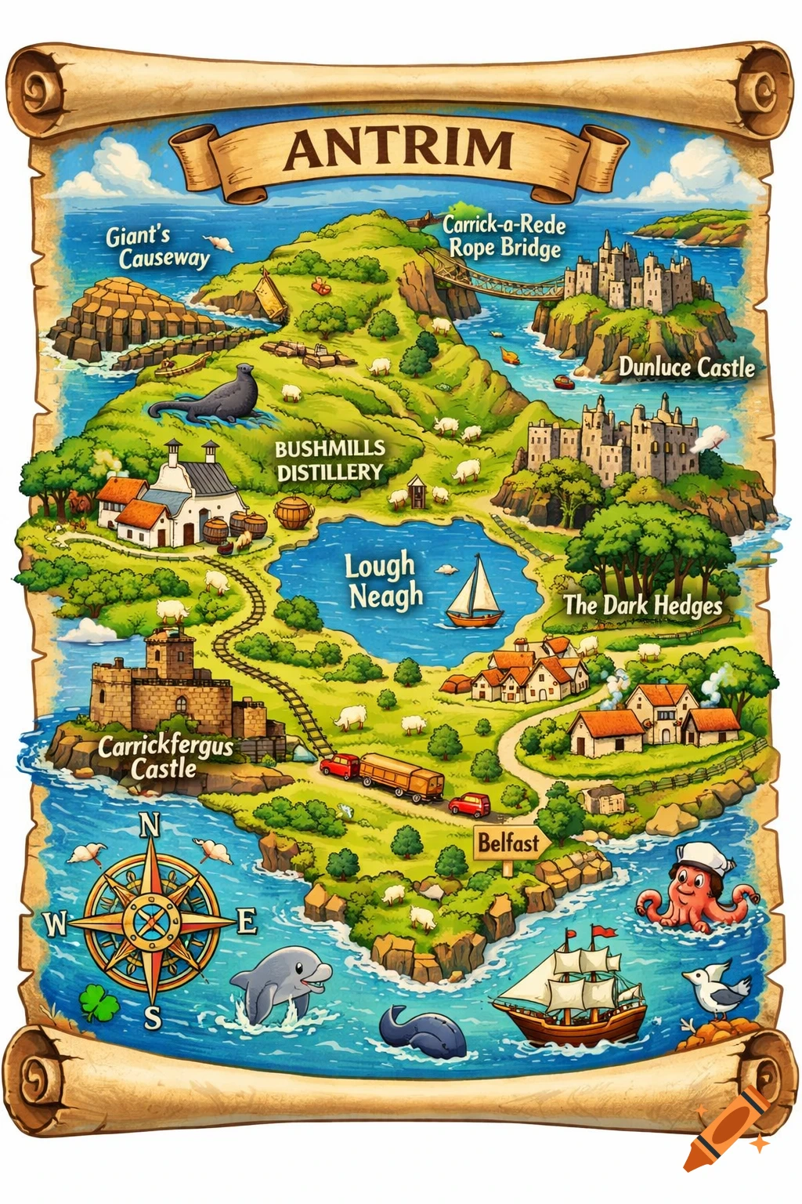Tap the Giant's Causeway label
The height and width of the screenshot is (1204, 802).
tap(158, 247)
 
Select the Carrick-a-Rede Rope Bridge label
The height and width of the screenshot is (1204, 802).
tap(504, 236)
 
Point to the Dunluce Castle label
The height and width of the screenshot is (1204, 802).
tap(686, 367)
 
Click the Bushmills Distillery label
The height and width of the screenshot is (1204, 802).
tap(330, 460)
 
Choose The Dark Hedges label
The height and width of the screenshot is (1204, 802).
tap(643, 605)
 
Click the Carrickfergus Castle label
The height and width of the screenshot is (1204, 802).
tap(165, 756)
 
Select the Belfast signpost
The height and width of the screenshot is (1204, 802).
tap(509, 843)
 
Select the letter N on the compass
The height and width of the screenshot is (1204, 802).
tap(149, 825)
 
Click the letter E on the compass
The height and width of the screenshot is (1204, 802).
tap(247, 922)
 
